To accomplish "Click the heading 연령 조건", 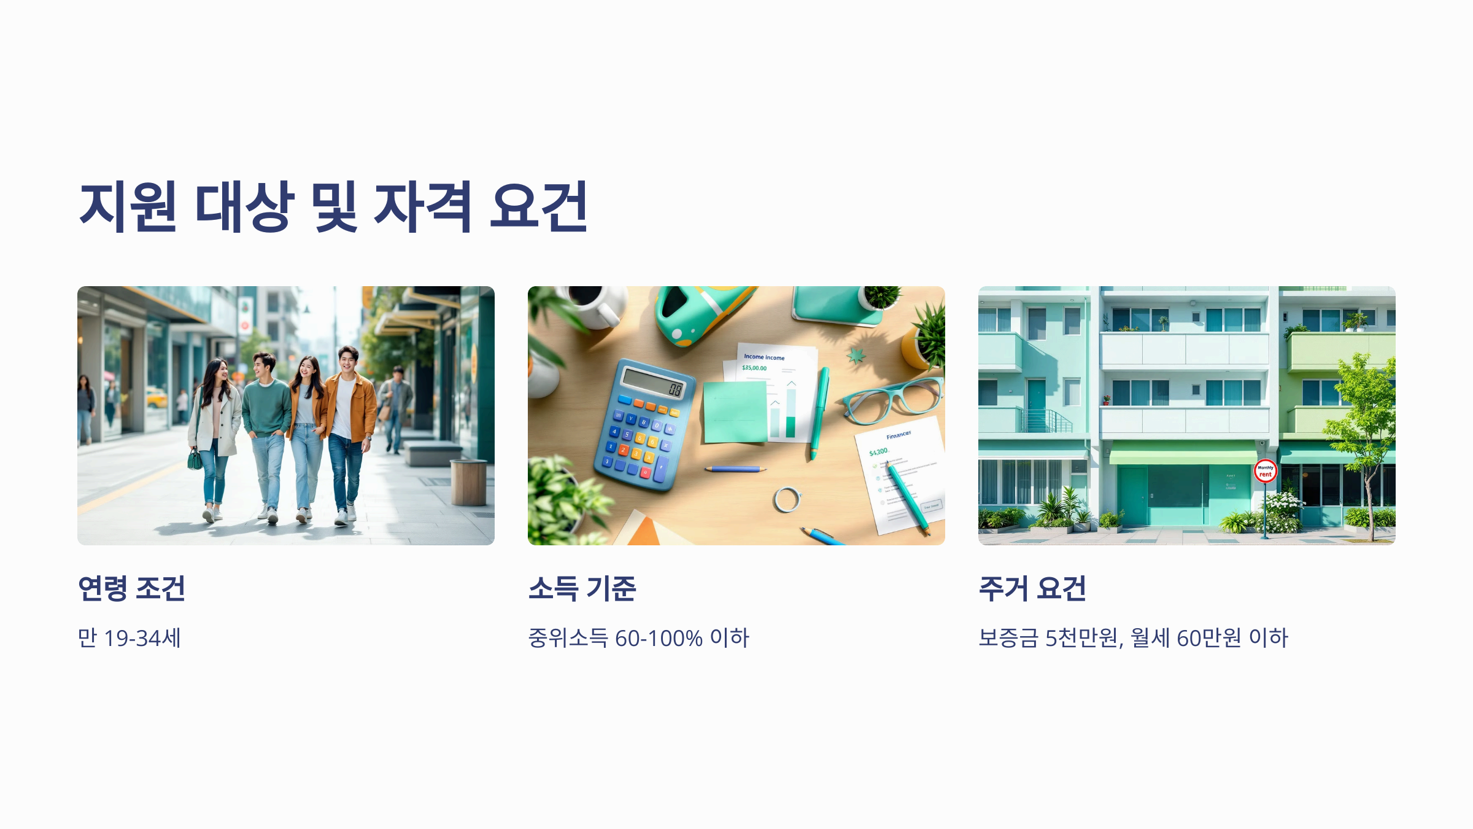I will click(x=131, y=588).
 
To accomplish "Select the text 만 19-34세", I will click(x=130, y=638).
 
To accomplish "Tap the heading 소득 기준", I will click(x=582, y=588).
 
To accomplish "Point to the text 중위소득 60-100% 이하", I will click(x=638, y=638).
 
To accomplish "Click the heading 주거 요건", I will click(x=1032, y=588).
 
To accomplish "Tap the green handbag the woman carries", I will click(x=195, y=459).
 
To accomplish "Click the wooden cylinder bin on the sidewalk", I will click(x=468, y=482).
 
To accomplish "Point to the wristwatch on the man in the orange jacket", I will click(x=369, y=438).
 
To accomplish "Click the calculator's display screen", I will click(x=653, y=384).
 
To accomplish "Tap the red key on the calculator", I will click(x=645, y=472).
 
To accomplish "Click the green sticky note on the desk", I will click(x=735, y=411).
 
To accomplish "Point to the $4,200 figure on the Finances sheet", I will click(x=878, y=452).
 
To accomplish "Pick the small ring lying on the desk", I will click(x=787, y=499).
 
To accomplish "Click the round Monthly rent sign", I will click(x=1265, y=471).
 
